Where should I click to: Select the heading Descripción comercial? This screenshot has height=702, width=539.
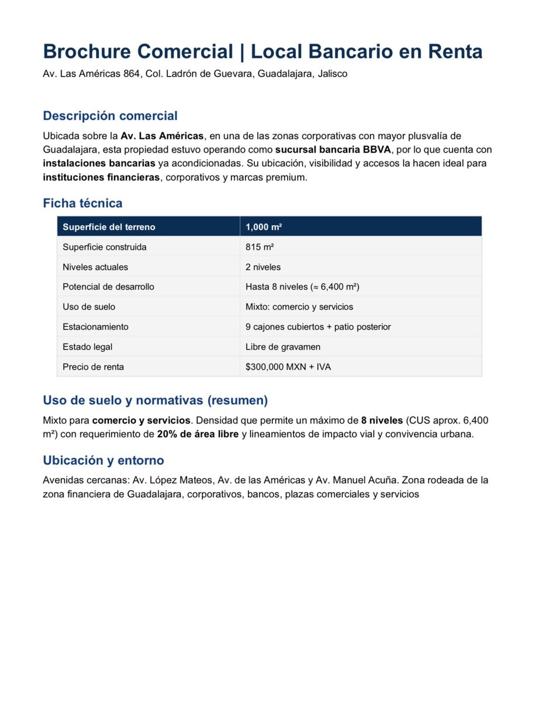click(x=110, y=116)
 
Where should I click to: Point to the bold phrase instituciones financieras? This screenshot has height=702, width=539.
click(x=101, y=177)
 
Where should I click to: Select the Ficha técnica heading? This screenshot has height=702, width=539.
click(x=82, y=204)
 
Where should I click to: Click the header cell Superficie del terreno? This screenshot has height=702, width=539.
click(x=109, y=227)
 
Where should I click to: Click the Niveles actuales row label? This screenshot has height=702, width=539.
click(x=95, y=267)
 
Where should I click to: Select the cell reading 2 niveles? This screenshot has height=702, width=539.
click(x=263, y=267)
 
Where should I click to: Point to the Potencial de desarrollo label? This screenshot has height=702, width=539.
click(x=109, y=287)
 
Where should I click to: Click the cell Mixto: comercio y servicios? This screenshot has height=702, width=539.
click(x=299, y=307)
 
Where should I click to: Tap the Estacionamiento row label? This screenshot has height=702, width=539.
click(x=95, y=326)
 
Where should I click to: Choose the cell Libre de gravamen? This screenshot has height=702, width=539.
click(x=283, y=347)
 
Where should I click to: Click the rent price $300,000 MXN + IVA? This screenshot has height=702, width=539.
click(x=288, y=367)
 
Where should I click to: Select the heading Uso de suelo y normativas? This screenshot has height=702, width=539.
click(x=155, y=401)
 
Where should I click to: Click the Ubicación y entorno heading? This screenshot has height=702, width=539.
click(x=103, y=460)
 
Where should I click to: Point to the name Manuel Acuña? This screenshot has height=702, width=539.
click(x=364, y=480)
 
